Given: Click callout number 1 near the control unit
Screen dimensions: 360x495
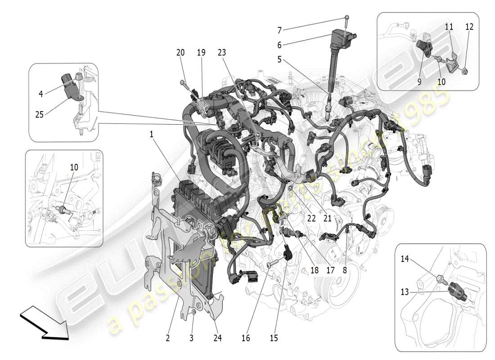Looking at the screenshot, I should point(152,134).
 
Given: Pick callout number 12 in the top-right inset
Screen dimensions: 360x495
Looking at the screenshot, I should point(469,27).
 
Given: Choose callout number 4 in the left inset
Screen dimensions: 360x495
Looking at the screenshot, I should point(41,94).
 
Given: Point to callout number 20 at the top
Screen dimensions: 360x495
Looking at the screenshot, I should point(180,53).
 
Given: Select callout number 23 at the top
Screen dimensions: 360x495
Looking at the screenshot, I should point(221,53).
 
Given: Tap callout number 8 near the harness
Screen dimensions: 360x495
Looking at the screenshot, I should point(345,271).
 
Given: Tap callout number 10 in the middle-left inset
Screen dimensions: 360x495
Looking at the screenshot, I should point(74,167).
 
